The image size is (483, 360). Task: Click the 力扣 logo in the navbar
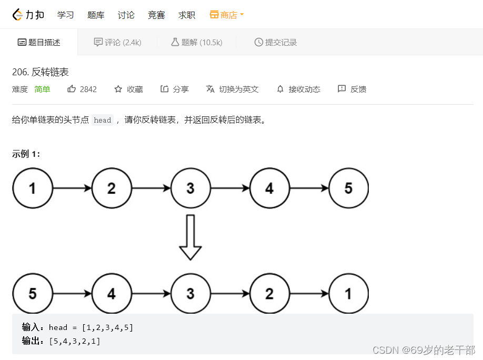pos(28,15)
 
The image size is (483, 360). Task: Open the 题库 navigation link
pos(96,15)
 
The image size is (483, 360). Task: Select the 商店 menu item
pos(227,15)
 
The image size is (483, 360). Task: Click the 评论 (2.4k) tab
pos(117,42)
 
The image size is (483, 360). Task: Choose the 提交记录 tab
pos(275,42)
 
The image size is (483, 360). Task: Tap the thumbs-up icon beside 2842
pos(72,89)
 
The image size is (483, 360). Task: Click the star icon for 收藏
pos(118,89)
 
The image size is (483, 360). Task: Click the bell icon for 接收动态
pos(280,89)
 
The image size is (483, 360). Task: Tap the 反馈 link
pos(352,89)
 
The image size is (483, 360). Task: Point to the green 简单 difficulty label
pos(42,89)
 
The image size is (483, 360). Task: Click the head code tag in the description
pos(103,120)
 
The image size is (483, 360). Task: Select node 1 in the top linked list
pos(33,188)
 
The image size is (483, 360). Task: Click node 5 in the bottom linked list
pos(33,294)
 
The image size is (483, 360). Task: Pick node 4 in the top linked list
pos(269,188)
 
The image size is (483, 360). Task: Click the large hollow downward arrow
pos(190,237)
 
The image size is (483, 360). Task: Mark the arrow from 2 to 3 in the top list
pos(151,188)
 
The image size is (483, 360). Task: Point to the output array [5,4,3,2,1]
pos(75,341)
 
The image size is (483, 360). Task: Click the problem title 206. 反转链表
pos(41,72)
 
